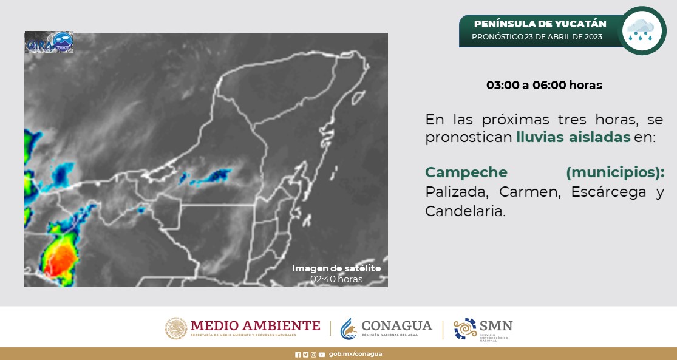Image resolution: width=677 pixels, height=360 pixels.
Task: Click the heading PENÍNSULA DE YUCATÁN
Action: click(x=540, y=24)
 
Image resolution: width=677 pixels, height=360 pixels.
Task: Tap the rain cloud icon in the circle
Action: click(x=641, y=30)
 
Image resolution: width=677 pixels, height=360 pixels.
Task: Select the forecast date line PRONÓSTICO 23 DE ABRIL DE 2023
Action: click(x=537, y=37)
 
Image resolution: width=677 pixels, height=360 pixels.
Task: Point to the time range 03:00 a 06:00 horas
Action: click(x=544, y=85)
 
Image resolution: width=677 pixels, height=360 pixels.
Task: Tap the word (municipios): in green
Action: click(x=614, y=172)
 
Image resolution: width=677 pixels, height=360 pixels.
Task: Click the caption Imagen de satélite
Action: click(x=336, y=268)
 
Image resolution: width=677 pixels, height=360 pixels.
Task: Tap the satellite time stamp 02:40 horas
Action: click(x=336, y=279)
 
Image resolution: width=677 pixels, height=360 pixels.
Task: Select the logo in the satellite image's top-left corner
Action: click(x=49, y=42)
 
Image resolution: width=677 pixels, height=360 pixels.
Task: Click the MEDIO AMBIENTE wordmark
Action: click(x=255, y=325)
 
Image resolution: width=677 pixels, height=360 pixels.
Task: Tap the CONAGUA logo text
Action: click(x=396, y=326)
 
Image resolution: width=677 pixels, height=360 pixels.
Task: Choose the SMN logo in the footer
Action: click(x=483, y=328)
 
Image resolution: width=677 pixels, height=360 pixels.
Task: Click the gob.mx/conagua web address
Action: click(x=355, y=354)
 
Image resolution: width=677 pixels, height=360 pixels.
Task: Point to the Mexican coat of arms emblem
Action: click(x=176, y=328)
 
